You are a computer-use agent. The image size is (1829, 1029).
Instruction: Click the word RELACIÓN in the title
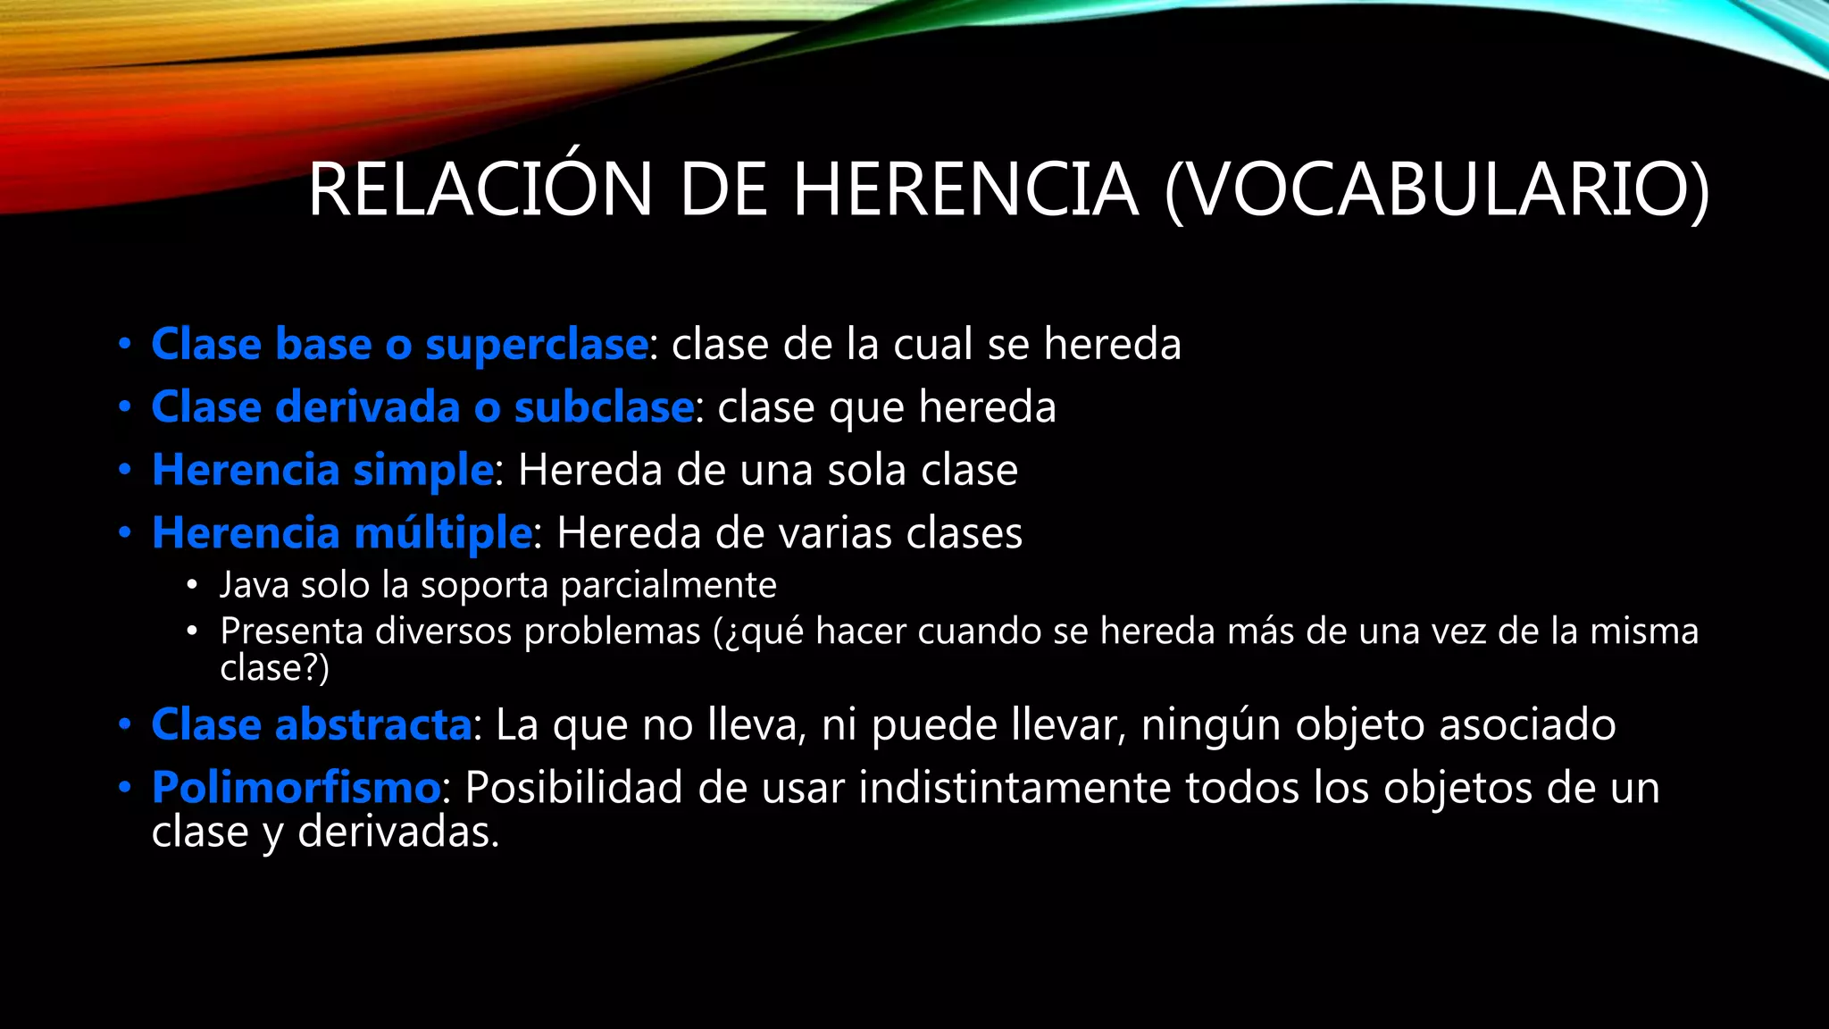pyautogui.click(x=480, y=190)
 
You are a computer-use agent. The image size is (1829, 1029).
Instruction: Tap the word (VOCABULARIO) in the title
pyautogui.click(x=1437, y=190)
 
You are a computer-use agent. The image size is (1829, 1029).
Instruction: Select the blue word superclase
pyautogui.click(x=536, y=345)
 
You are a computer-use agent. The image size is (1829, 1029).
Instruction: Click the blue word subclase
pyautogui.click(x=604, y=408)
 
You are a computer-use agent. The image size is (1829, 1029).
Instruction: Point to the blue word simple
pyautogui.click(x=423, y=471)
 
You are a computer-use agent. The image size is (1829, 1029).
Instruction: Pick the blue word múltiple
pyautogui.click(x=443, y=533)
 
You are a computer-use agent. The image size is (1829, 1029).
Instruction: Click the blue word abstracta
pyautogui.click(x=373, y=724)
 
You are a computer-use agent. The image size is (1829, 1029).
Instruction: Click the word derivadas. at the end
pyautogui.click(x=398, y=832)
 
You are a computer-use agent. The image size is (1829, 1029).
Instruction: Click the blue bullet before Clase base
pyautogui.click(x=125, y=344)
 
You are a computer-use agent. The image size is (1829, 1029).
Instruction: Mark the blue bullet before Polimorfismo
pyautogui.click(x=125, y=787)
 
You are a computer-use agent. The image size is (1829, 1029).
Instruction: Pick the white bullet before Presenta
pyautogui.click(x=192, y=632)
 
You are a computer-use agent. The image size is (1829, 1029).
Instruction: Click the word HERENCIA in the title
pyautogui.click(x=965, y=190)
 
